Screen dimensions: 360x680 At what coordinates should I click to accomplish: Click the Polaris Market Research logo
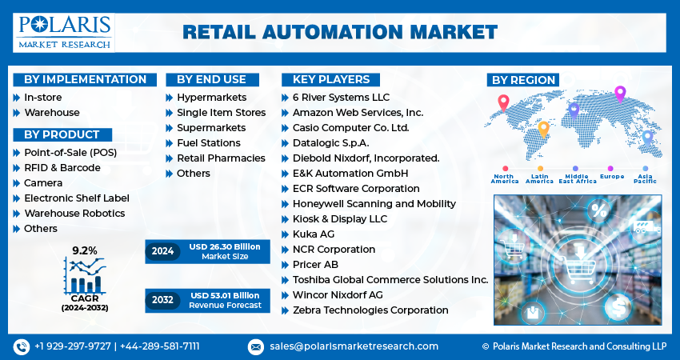point(64,32)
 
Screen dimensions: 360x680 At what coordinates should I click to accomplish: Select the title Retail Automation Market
point(340,32)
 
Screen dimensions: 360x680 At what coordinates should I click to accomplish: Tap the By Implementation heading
point(85,79)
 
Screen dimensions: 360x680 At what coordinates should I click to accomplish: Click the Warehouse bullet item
point(52,113)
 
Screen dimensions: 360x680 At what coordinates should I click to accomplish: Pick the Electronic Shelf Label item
point(77,198)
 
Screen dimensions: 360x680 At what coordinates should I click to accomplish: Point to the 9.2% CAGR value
point(84,250)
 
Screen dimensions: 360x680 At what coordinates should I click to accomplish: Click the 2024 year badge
point(162,251)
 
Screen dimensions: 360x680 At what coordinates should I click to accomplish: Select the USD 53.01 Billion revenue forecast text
point(224,295)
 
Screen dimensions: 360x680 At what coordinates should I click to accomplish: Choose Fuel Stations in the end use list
point(209,143)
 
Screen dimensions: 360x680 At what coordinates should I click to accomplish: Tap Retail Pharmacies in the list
point(221,158)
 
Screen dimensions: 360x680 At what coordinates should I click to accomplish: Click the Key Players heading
point(330,79)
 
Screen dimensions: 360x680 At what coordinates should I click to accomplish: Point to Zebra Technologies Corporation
point(370,310)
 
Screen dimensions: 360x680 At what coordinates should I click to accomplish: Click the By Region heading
point(524,79)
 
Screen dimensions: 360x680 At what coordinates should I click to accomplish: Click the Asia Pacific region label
point(644,178)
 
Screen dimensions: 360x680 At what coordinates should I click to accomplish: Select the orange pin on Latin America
point(543,129)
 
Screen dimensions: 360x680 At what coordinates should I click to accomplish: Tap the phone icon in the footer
point(21,346)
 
